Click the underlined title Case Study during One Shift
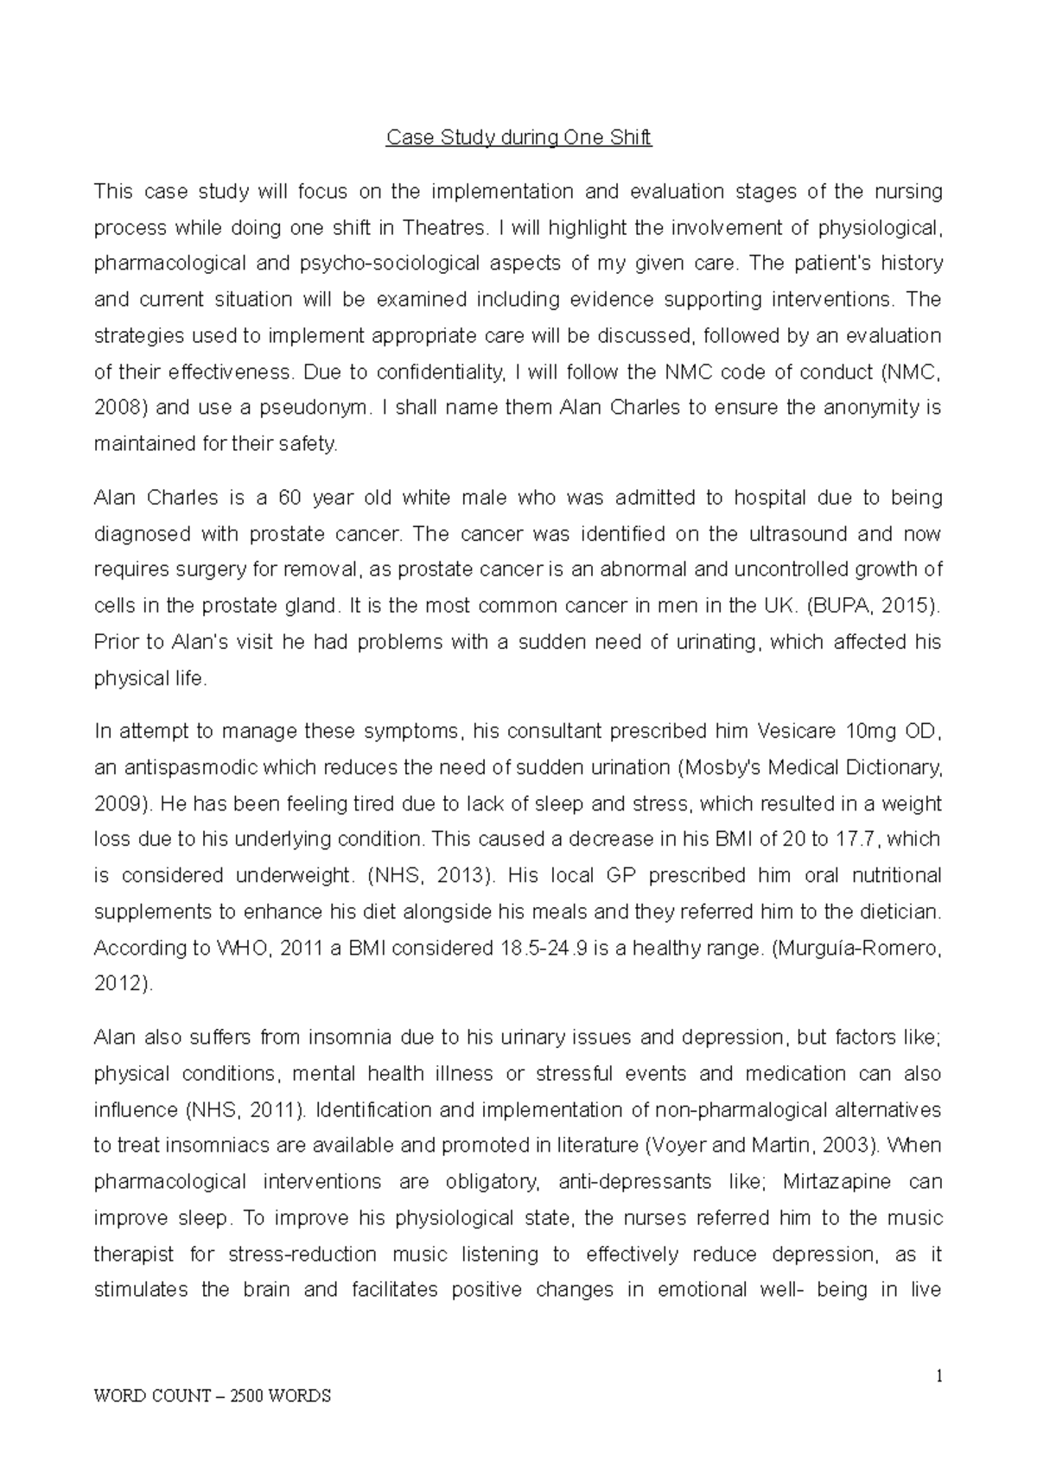click(518, 137)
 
